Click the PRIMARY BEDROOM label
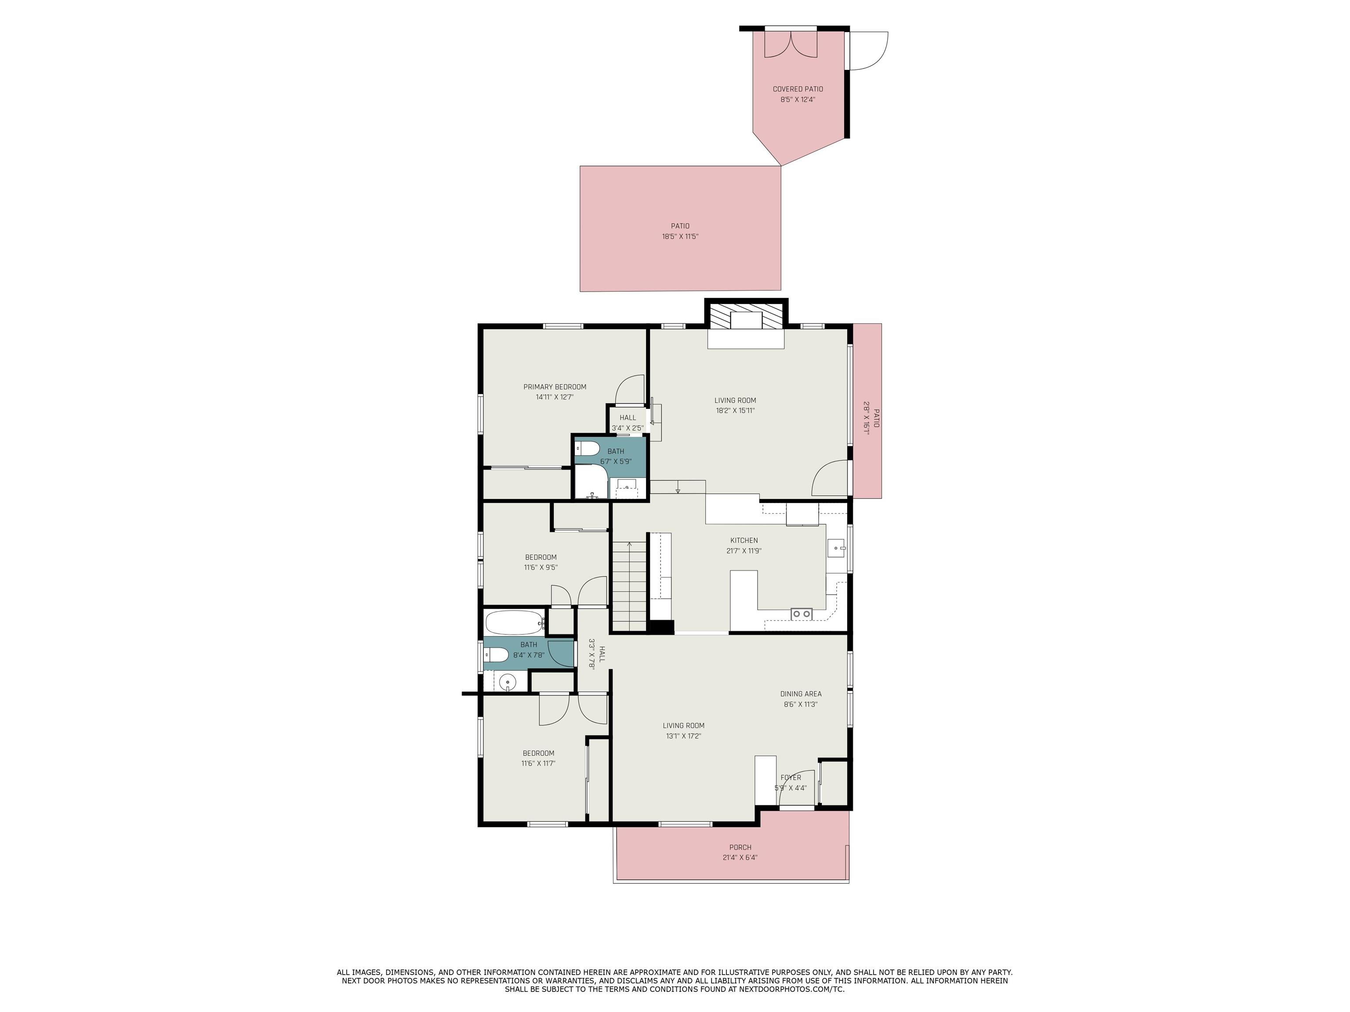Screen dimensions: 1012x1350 [554, 387]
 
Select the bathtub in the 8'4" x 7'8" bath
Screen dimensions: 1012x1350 [514, 623]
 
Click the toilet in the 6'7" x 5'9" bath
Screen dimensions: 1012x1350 [588, 449]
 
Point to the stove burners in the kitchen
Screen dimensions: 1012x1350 [801, 614]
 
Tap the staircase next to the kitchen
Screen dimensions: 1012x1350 [629, 586]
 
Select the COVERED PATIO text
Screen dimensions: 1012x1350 [798, 89]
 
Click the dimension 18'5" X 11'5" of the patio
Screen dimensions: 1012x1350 [680, 237]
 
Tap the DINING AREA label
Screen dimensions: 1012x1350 [800, 694]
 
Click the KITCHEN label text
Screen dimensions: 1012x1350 [744, 540]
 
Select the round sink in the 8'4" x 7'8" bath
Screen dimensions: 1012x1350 [507, 683]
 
